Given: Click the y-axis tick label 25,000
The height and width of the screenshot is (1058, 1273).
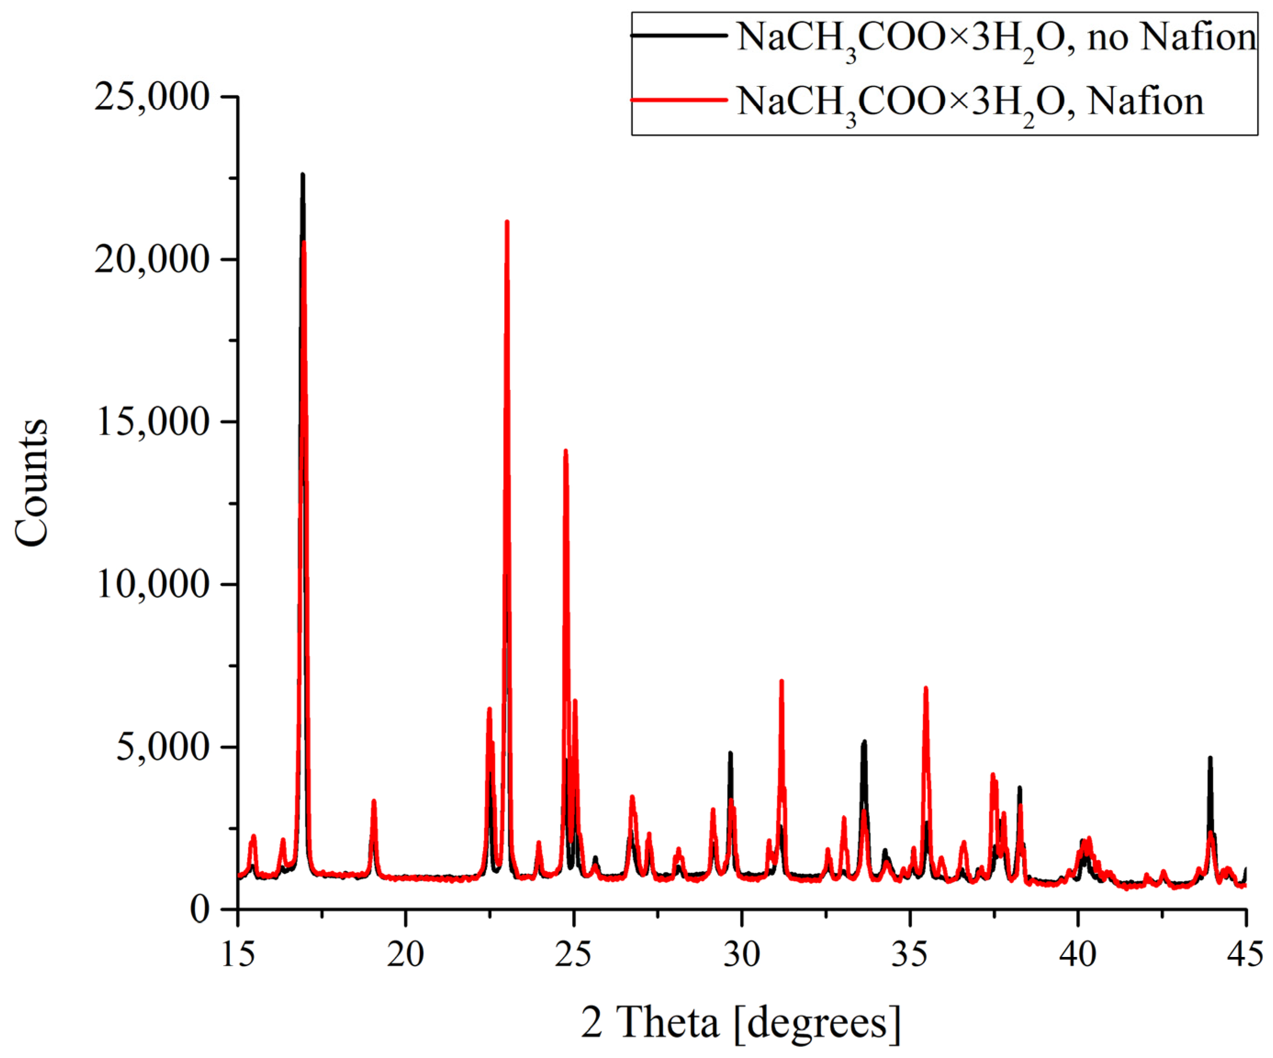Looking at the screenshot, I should click(x=151, y=97).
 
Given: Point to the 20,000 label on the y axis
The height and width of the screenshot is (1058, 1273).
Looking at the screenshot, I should click(x=151, y=259).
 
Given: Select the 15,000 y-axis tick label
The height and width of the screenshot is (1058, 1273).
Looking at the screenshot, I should click(x=153, y=422).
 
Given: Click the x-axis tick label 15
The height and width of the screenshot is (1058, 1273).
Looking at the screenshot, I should click(x=238, y=954).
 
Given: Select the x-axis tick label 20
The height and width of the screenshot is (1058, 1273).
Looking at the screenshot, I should click(x=405, y=954).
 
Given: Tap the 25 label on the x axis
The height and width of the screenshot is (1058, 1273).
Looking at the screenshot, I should click(x=573, y=954).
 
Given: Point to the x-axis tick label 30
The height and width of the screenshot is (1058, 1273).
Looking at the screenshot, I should click(x=741, y=954).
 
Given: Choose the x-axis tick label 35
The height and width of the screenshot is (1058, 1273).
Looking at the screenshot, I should click(x=909, y=954).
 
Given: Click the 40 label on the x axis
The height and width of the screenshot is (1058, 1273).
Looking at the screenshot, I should click(x=1077, y=954).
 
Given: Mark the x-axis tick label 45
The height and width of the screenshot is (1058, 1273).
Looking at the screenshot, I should click(x=1244, y=954).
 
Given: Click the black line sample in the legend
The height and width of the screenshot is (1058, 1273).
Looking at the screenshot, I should click(x=679, y=36).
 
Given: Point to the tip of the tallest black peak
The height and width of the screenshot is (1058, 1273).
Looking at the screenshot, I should click(x=303, y=174).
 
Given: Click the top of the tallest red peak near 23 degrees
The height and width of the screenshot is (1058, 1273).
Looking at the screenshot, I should click(x=507, y=222).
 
